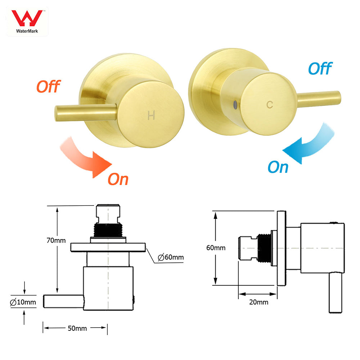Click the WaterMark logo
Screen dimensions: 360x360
(x=27, y=21)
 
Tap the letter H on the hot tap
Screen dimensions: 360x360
(x=152, y=116)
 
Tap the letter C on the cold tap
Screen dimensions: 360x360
(x=270, y=105)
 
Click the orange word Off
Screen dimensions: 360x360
(x=48, y=87)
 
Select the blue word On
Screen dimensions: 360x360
(x=278, y=167)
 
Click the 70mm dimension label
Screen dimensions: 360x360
(x=56, y=240)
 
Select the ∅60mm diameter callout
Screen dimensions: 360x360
(x=171, y=257)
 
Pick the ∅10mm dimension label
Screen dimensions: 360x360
(x=23, y=302)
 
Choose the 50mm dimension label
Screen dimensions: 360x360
(x=76, y=328)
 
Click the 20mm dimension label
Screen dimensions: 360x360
(x=258, y=302)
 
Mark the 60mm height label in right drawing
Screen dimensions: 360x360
(x=216, y=248)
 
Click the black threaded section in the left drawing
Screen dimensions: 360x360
(x=108, y=229)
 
